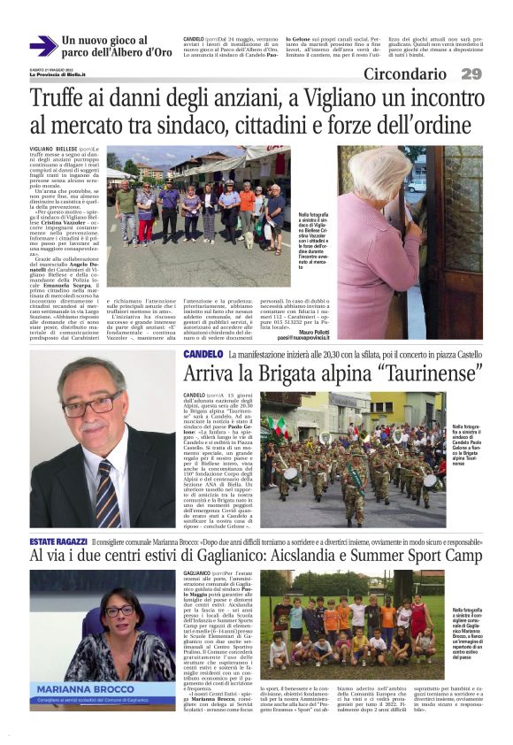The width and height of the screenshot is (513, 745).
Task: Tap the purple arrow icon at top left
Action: click(42, 46)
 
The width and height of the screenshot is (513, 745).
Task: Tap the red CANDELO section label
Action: click(203, 354)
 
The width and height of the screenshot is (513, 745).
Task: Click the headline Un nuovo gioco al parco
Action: click(116, 46)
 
